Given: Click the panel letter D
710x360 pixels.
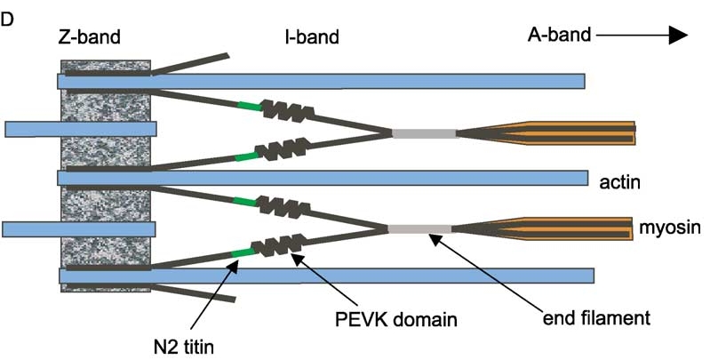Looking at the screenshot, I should click(x=8, y=17).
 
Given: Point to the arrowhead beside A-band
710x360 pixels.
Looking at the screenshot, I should click(x=678, y=35).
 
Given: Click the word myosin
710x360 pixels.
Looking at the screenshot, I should click(x=666, y=229).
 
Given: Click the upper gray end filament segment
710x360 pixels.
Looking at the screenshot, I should click(x=425, y=134).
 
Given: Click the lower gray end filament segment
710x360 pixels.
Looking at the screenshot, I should click(x=419, y=229).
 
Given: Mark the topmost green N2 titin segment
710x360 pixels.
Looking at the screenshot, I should click(x=249, y=107).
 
